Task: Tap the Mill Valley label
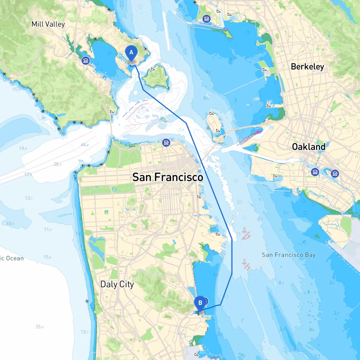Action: (48, 24)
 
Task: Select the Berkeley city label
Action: (307, 67)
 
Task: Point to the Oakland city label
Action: (309, 147)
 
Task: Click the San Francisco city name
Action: (168, 177)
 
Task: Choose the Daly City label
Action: (117, 284)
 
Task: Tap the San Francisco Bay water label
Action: (289, 255)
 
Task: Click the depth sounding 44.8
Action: (85, 145)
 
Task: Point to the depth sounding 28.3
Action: (57, 164)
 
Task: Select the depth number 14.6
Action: (23, 148)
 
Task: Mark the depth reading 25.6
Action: (39, 327)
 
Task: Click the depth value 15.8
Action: (47, 257)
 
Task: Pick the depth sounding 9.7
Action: (260, 219)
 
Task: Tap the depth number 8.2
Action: (281, 283)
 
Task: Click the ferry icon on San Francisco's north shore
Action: (166, 143)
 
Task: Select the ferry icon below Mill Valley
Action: (86, 60)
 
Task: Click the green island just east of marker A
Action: (156, 77)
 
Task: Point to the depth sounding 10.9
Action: (10, 224)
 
